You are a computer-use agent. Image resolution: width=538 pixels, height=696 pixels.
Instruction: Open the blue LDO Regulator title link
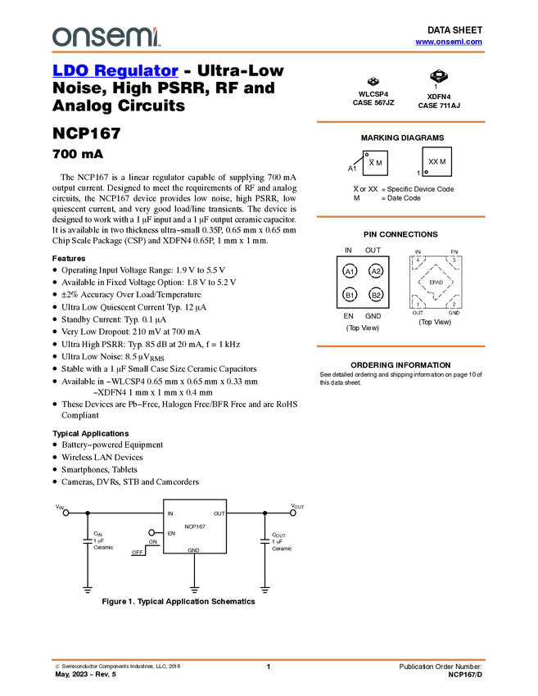click(x=115, y=70)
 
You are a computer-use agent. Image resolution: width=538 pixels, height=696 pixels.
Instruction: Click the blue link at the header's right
click(x=448, y=41)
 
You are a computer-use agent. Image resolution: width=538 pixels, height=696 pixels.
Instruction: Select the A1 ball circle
click(x=350, y=271)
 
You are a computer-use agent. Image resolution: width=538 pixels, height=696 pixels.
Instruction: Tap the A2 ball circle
click(x=376, y=271)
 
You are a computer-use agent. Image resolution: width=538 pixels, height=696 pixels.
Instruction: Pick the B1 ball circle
click(x=350, y=295)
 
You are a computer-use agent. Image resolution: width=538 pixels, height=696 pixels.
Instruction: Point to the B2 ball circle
click(x=376, y=295)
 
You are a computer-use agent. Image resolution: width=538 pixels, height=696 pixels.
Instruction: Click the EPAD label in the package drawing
click(x=436, y=282)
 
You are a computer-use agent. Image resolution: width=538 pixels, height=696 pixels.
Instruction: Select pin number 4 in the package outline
click(x=418, y=260)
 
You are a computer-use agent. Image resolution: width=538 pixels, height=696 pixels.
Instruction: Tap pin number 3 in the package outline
click(x=454, y=260)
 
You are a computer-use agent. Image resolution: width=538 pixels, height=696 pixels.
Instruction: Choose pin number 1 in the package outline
click(x=418, y=305)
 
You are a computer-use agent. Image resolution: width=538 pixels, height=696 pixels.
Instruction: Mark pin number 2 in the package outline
click(x=454, y=305)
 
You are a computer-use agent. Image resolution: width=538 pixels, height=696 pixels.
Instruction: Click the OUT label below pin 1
click(x=418, y=313)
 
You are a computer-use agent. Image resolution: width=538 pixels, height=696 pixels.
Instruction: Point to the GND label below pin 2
click(x=454, y=313)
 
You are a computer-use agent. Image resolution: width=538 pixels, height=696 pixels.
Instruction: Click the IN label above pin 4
click(x=418, y=251)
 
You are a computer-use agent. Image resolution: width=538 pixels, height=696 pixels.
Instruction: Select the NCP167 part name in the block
click(x=194, y=526)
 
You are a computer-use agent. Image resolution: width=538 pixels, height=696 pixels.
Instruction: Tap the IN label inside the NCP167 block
click(x=170, y=513)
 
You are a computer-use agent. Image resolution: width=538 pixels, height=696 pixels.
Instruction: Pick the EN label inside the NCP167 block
click(x=171, y=534)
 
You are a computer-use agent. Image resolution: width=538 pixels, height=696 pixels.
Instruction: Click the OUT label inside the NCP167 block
click(x=219, y=513)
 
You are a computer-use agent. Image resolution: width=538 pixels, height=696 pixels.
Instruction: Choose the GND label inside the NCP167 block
click(x=193, y=551)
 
